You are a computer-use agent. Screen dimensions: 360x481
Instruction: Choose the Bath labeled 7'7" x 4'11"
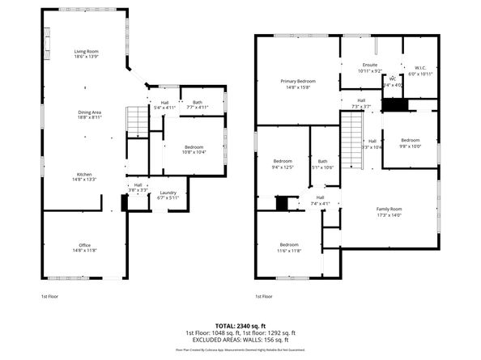tap(198, 104)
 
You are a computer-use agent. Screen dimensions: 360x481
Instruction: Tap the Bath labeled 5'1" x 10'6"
tap(322, 164)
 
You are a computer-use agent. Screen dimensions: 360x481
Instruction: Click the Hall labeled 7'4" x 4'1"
tap(320, 200)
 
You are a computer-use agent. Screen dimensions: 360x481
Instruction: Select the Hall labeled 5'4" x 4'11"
tap(164, 105)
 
